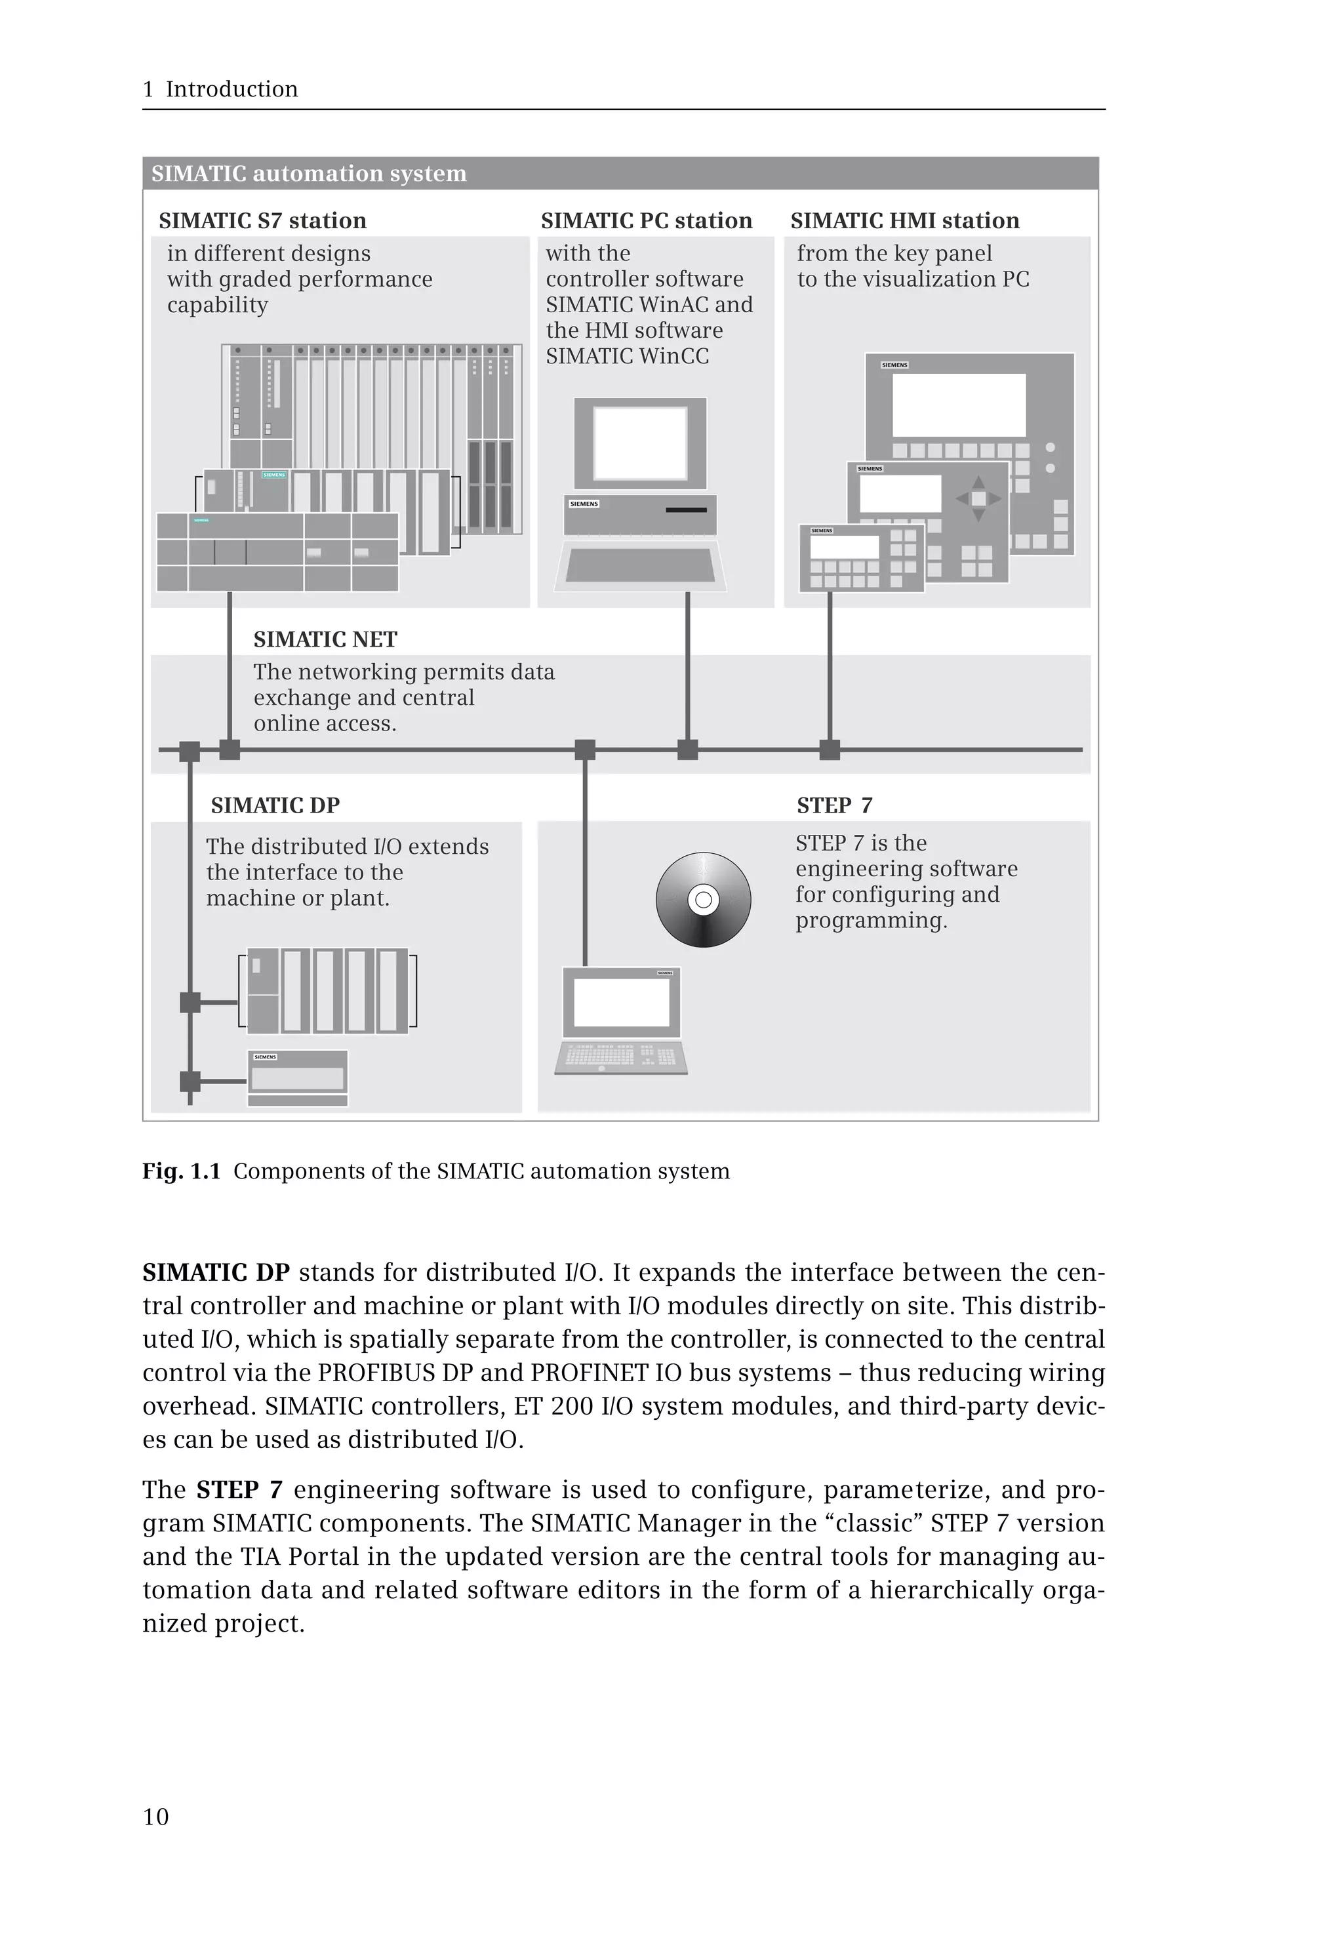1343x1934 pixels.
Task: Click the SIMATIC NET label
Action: pyautogui.click(x=325, y=639)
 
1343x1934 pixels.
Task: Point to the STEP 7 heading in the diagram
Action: pyautogui.click(x=834, y=805)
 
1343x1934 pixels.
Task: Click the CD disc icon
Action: pyautogui.click(x=704, y=900)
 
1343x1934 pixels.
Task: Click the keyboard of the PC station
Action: pyautogui.click(x=641, y=565)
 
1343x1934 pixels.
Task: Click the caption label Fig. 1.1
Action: pyautogui.click(x=181, y=1171)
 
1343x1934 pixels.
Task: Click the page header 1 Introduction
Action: pyautogui.click(x=220, y=89)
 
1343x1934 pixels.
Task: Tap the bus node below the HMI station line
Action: pyautogui.click(x=830, y=749)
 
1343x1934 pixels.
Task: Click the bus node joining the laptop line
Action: pyautogui.click(x=585, y=749)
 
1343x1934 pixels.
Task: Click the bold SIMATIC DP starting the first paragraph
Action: pyautogui.click(x=216, y=1272)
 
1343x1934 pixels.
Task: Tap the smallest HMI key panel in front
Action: pyautogui.click(x=861, y=558)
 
